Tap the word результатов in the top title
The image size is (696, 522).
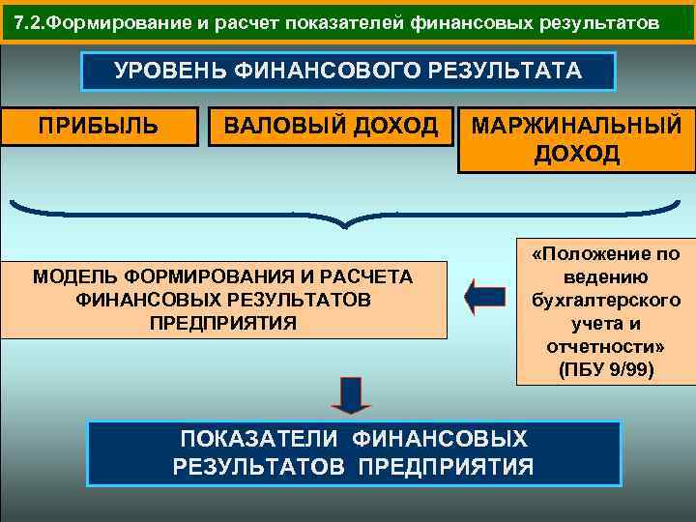599,21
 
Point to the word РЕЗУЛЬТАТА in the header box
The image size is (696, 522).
503,71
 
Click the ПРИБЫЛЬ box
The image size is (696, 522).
100,125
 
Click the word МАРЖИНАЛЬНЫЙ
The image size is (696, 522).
576,127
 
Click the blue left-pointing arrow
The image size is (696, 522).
484,296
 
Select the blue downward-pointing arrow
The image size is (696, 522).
350,393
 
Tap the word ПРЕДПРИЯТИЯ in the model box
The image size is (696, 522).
223,321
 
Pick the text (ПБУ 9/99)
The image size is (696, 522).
605,369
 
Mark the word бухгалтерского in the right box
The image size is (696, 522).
605,300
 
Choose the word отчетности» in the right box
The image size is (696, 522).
605,346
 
